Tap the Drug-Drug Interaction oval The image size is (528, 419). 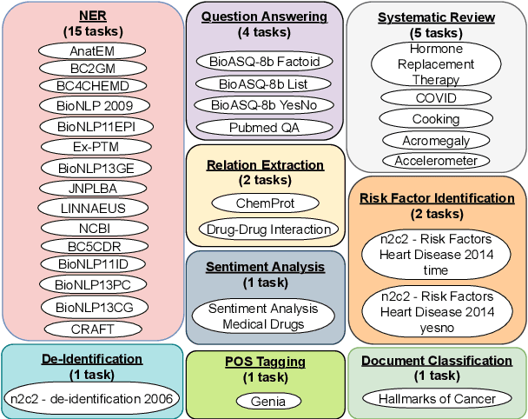click(x=267, y=229)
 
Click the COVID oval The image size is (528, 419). click(x=436, y=98)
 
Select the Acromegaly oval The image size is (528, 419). click(x=436, y=140)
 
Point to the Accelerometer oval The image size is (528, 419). click(x=436, y=161)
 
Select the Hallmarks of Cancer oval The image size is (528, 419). click(x=437, y=399)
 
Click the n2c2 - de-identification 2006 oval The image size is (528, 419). click(x=92, y=399)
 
